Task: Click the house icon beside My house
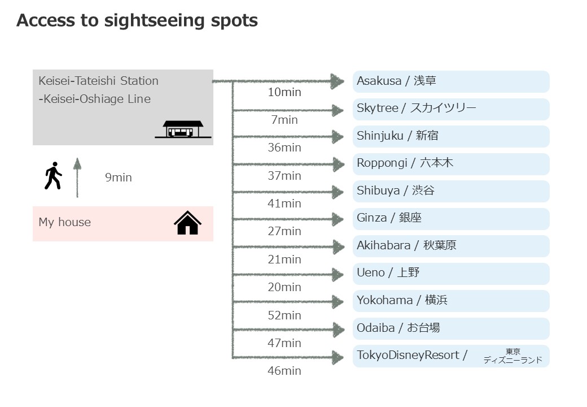pos(188,223)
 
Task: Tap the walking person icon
pos(53,176)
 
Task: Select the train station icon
pos(183,129)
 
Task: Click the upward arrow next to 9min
pos(77,177)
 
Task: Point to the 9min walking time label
pos(119,177)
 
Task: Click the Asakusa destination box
pos(451,81)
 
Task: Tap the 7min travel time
pos(284,120)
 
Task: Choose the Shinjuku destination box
pos(451,136)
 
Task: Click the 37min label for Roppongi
pos(284,176)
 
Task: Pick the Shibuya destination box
pos(451,191)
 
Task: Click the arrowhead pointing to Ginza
pos(338,219)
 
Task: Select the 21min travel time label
pos(284,259)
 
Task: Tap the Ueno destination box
pos(451,274)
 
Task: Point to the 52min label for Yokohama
pos(284,315)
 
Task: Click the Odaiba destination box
pos(451,328)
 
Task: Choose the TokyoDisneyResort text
pos(408,355)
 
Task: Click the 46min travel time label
pos(284,371)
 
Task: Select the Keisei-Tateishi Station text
pos(98,81)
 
